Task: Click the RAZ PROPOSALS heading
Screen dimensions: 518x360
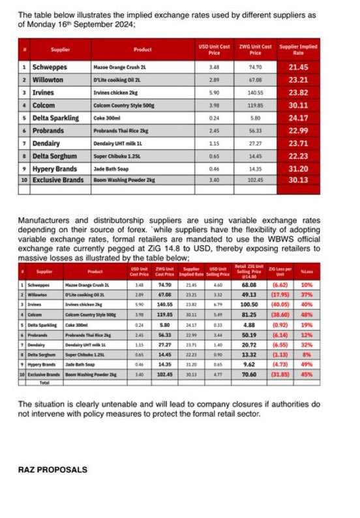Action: (x=52, y=469)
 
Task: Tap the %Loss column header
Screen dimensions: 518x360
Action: (x=307, y=272)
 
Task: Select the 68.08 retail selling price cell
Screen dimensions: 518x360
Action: (x=249, y=285)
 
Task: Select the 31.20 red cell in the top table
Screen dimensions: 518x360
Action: (x=298, y=168)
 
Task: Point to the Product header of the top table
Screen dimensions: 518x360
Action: (x=142, y=49)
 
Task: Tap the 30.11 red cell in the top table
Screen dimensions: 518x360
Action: (x=298, y=105)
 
